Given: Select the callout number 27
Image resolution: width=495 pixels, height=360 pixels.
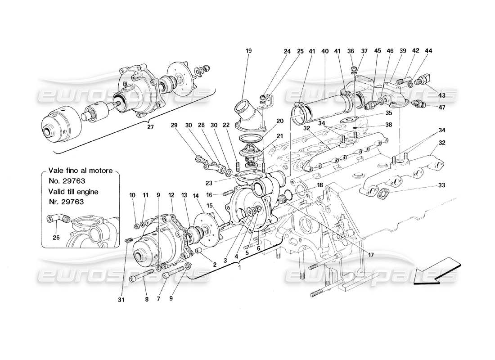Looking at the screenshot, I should [x=150, y=127].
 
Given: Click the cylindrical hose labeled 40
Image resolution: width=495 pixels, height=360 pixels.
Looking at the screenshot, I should [x=324, y=104].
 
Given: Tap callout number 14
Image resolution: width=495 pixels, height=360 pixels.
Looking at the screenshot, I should [x=196, y=195].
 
